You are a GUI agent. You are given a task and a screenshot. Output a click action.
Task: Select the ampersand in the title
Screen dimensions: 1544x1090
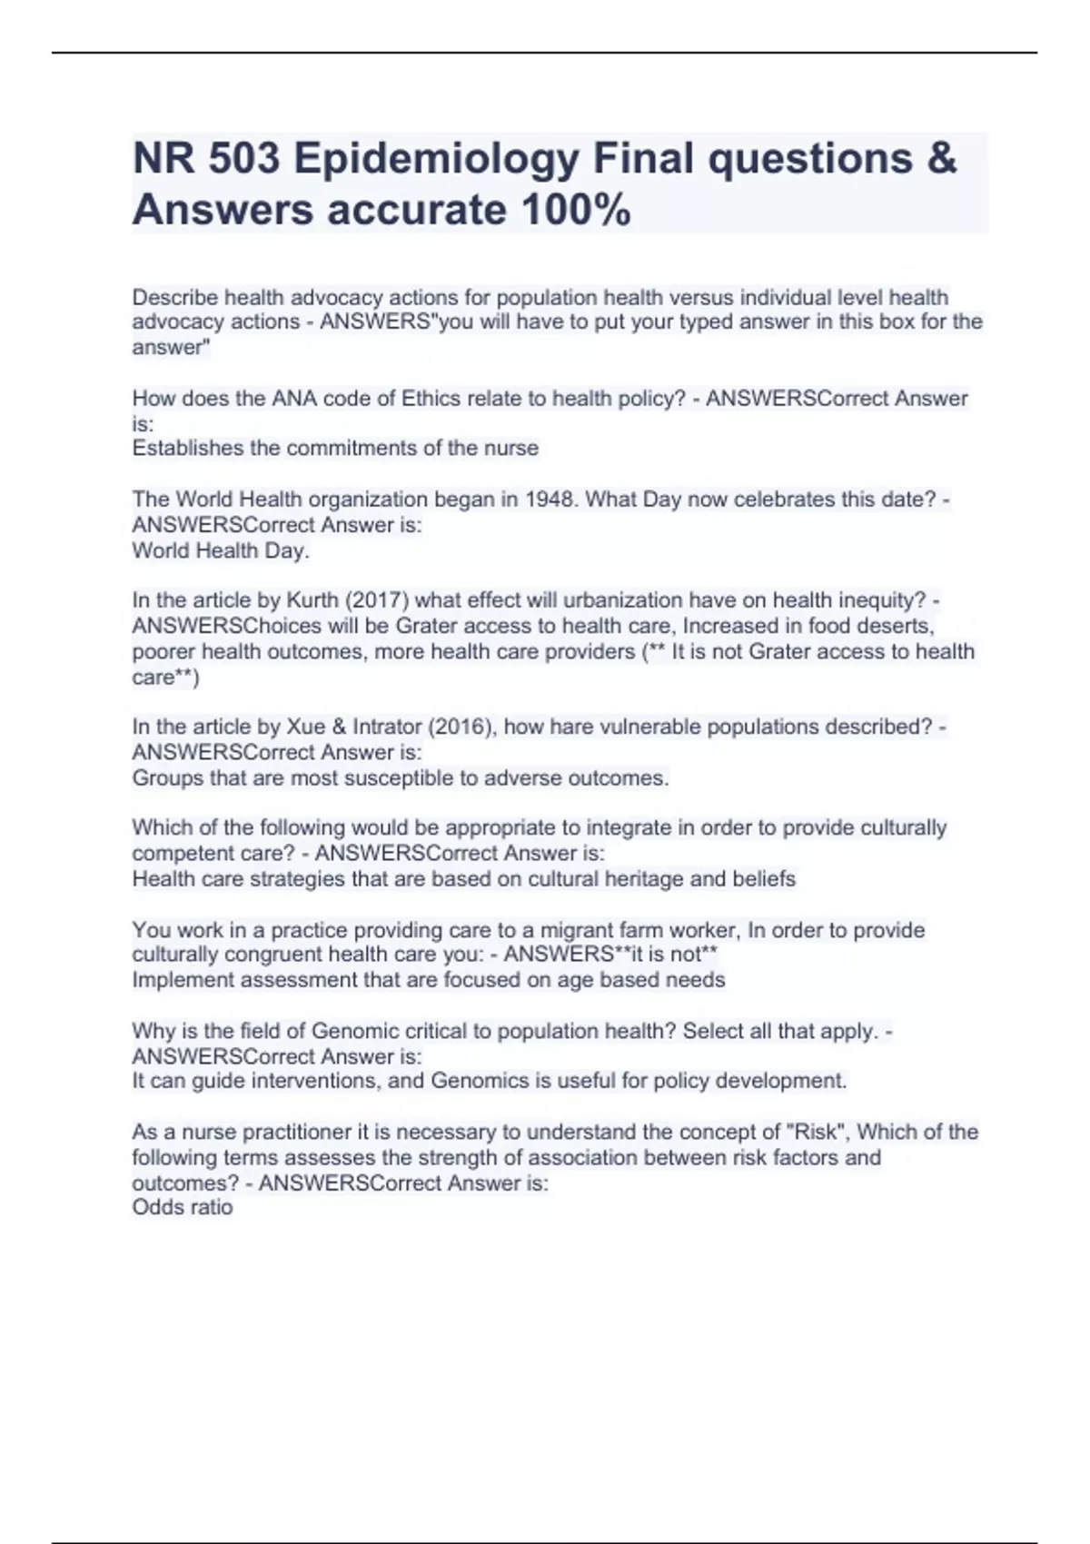943,159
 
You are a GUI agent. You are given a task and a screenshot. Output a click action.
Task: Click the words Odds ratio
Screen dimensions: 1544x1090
183,1207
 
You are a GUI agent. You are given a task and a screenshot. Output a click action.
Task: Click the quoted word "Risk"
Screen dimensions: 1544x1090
817,1132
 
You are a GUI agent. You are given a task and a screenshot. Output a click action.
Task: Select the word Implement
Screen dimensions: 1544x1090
184,980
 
